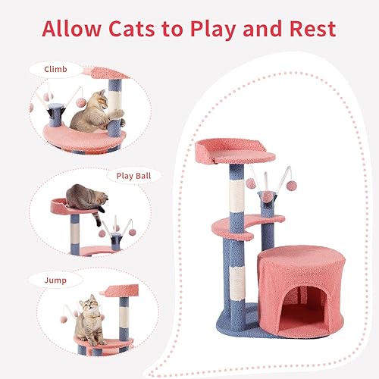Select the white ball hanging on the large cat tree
tap(251, 183)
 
